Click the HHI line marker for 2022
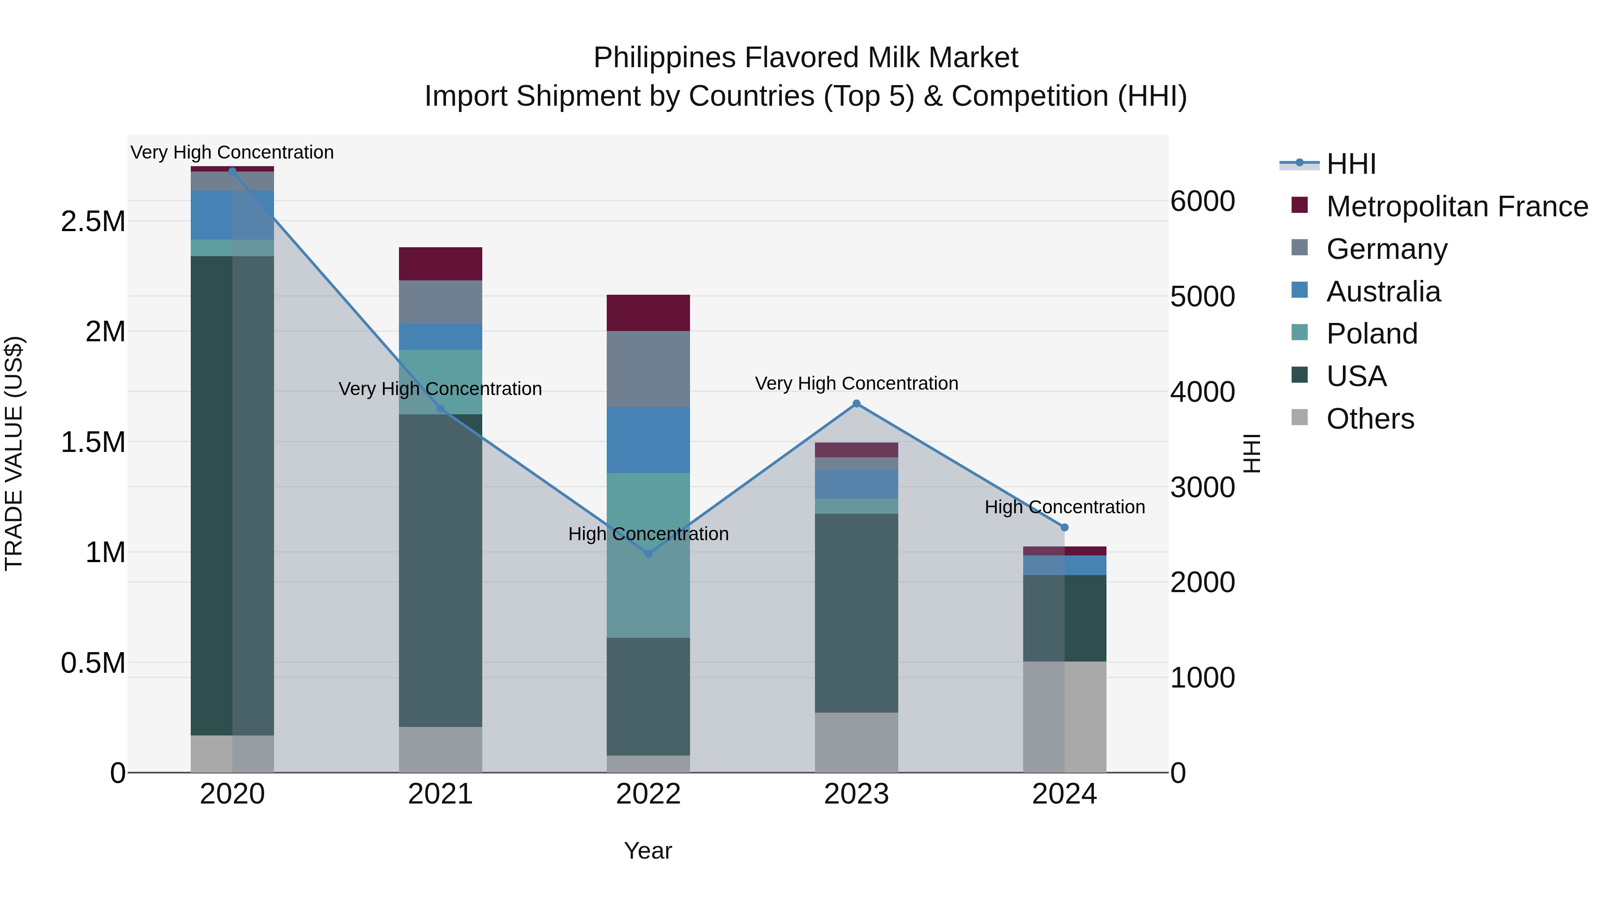tap(648, 553)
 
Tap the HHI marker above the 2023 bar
tap(856, 404)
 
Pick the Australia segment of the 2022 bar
tap(648, 439)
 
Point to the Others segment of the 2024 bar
tap(1064, 716)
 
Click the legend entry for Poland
tap(1371, 334)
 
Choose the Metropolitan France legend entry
tap(1456, 206)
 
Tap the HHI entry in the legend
tap(1350, 164)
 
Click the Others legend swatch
tap(1299, 417)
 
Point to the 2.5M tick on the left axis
tap(93, 222)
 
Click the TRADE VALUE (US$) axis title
tap(14, 453)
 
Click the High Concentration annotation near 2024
tap(1064, 507)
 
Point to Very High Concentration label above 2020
tap(232, 152)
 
